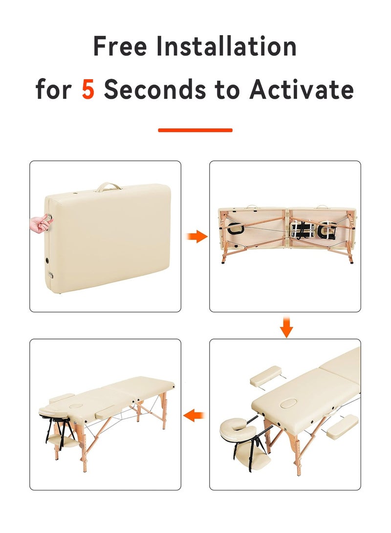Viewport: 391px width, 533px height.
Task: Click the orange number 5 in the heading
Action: [x=88, y=89]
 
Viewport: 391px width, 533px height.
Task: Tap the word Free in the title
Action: [x=121, y=47]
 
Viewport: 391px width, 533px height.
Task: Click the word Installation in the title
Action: [x=226, y=47]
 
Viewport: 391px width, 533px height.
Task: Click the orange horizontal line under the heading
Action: [x=195, y=130]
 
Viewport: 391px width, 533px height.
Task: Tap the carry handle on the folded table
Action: [x=109, y=187]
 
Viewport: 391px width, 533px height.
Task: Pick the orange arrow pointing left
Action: [x=194, y=416]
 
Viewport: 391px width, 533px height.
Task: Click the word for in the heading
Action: [x=54, y=89]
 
